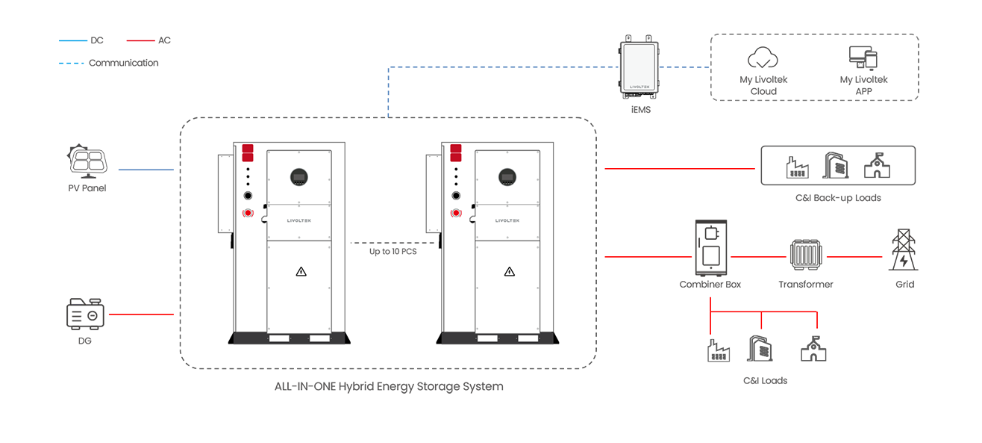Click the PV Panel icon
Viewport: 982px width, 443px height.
click(x=87, y=161)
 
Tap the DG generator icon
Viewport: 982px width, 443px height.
click(x=85, y=314)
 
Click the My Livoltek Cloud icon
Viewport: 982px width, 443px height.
click(x=763, y=58)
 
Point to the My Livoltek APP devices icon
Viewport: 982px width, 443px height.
click(x=863, y=58)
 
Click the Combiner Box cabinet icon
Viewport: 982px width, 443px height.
click(x=710, y=247)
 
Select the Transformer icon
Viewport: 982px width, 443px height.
click(x=806, y=255)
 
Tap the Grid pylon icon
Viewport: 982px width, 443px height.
click(x=904, y=250)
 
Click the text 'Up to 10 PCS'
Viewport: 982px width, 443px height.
click(x=393, y=252)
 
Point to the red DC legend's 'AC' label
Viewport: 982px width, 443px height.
click(x=164, y=40)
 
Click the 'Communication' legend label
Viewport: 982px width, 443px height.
click(x=124, y=63)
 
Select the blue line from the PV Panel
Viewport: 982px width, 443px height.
click(x=146, y=170)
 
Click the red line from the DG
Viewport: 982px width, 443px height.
click(x=141, y=315)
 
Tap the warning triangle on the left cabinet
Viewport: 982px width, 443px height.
click(x=301, y=272)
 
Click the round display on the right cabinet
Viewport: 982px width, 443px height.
click(x=507, y=177)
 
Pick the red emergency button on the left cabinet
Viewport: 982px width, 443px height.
click(x=248, y=213)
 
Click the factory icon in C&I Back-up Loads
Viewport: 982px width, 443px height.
click(x=798, y=167)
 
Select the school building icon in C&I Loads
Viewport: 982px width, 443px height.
click(x=813, y=349)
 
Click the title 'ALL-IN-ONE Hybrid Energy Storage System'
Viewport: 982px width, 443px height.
click(x=389, y=387)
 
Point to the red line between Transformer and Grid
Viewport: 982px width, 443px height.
click(x=854, y=256)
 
